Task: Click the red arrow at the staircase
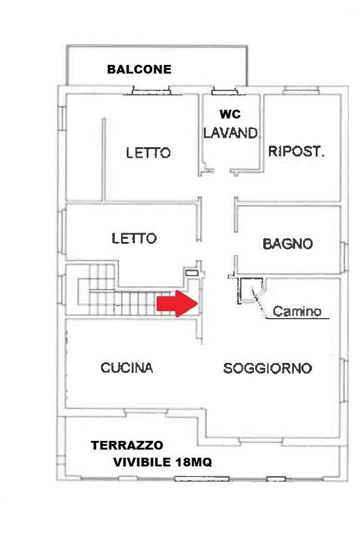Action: (177, 304)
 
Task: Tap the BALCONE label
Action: (139, 69)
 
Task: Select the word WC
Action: (230, 114)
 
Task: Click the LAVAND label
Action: (230, 133)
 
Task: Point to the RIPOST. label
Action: (296, 151)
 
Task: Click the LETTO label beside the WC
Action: (148, 153)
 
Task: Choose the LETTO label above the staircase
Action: (134, 238)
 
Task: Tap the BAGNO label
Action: (288, 244)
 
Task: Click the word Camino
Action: (297, 311)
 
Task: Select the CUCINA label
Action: (127, 368)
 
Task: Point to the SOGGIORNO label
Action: (268, 369)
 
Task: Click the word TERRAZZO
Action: (127, 445)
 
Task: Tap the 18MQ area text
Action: (193, 462)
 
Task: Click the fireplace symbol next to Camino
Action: (251, 291)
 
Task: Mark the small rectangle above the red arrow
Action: (192, 272)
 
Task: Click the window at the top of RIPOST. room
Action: (301, 90)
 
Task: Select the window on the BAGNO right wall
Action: (344, 257)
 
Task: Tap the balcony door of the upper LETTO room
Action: (152, 90)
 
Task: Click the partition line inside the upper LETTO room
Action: (104, 160)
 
